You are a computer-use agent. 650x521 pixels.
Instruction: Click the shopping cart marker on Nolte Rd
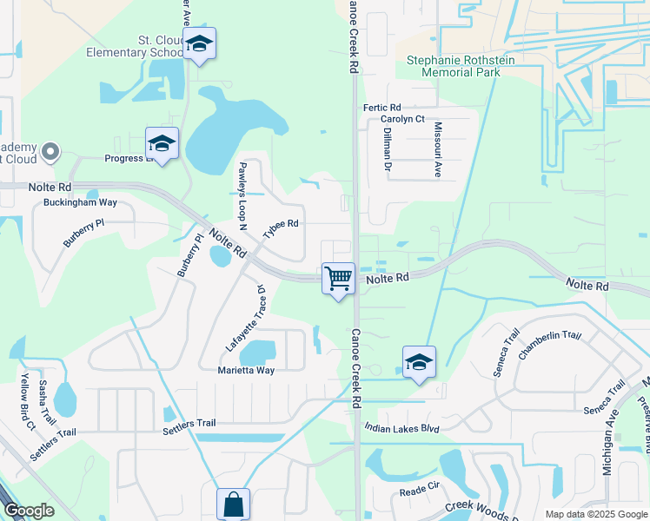pos(338,280)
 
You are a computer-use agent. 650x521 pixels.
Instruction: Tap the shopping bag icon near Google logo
pos(233,504)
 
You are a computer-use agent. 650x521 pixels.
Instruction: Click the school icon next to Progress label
pos(162,144)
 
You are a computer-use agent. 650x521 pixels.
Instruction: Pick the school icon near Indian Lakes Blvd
pos(419,362)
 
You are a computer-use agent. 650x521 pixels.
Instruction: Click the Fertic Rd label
pos(381,107)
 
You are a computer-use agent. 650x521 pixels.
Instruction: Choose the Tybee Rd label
pos(281,224)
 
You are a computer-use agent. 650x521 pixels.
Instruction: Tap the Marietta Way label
pos(246,370)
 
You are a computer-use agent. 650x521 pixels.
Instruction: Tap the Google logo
pos(30,511)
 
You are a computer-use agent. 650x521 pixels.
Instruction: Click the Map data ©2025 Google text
pos(595,514)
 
